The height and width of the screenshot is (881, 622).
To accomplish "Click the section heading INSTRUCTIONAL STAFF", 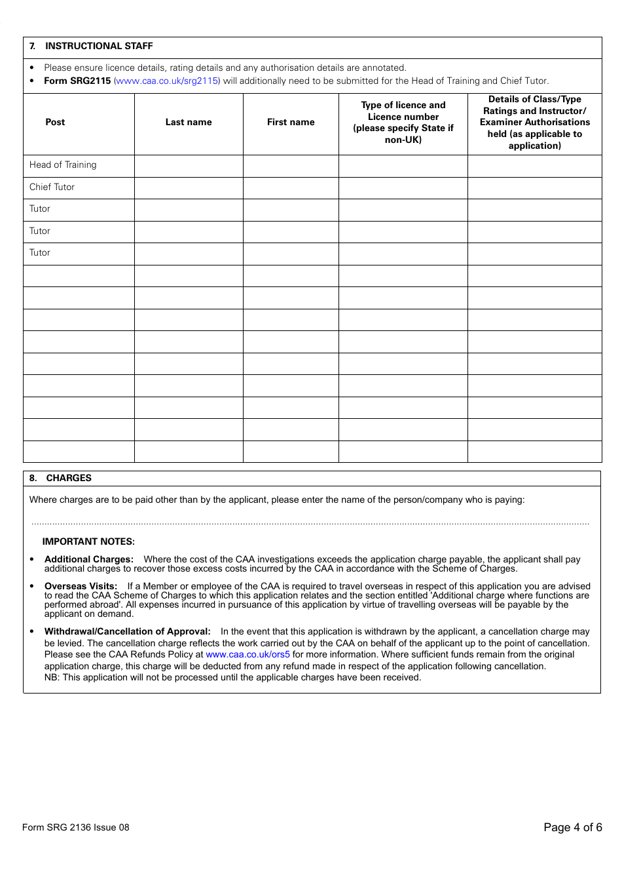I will click(98, 46).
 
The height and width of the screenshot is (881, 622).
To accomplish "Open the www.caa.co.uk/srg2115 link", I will click(167, 81).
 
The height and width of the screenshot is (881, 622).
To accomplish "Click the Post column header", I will click(55, 122).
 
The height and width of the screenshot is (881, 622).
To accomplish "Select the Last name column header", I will click(189, 122).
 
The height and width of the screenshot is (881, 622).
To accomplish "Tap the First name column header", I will click(291, 122).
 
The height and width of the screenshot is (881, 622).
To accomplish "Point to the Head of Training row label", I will click(63, 165).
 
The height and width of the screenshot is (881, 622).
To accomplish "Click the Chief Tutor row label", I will click(52, 187).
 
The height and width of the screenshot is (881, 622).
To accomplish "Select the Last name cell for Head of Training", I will click(189, 165).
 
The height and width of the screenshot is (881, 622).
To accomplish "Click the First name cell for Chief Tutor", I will click(291, 187).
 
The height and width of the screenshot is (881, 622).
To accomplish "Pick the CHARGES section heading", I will click(68, 478).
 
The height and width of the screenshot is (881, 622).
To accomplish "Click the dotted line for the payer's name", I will click(310, 522).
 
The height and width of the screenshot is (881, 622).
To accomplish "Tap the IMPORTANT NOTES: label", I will click(88, 541).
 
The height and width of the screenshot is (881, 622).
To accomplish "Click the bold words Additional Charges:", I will click(89, 559).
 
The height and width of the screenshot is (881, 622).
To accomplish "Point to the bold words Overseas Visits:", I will click(81, 586).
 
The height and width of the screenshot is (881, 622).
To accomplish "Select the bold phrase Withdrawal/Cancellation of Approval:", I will click(128, 631).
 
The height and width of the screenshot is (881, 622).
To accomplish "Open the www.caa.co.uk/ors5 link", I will click(247, 654).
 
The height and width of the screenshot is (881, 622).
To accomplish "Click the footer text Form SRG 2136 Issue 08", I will click(76, 827).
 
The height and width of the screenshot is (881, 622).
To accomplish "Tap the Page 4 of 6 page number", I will click(572, 827).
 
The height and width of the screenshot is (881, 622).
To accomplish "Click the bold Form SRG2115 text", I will click(77, 81).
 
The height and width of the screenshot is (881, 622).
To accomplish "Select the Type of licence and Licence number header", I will click(403, 122).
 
